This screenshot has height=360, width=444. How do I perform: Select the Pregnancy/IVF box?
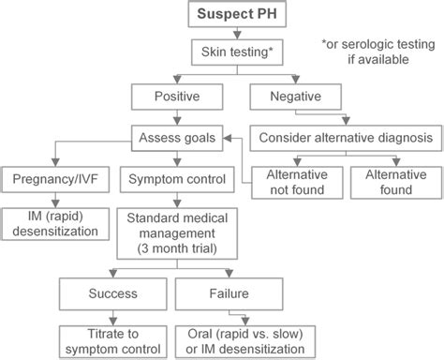pos(58,178)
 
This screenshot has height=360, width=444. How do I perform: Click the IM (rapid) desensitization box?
pos(58,226)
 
